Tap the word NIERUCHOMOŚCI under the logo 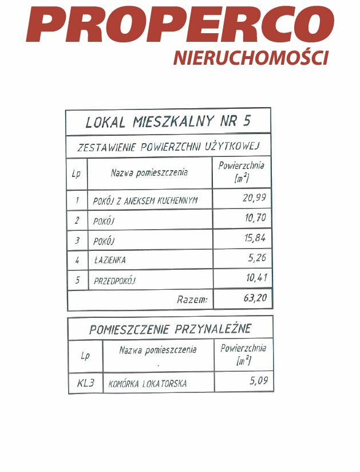pyautogui.click(x=251, y=58)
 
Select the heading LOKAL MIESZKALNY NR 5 pyautogui.click(x=168, y=122)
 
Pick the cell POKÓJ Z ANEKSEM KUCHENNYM pyautogui.click(x=145, y=201)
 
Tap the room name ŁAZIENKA pyautogui.click(x=109, y=260)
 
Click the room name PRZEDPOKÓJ pyautogui.click(x=114, y=281)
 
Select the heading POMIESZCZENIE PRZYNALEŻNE pyautogui.click(x=170, y=329)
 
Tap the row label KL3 pyautogui.click(x=86, y=383)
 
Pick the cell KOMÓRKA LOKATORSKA pyautogui.click(x=148, y=384)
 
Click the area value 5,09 pyautogui.click(x=259, y=380)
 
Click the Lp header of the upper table pyautogui.click(x=77, y=174)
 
